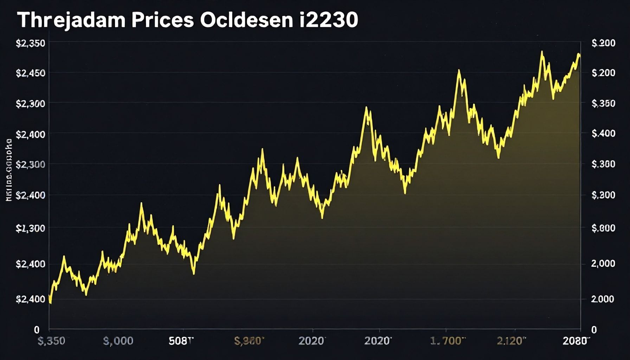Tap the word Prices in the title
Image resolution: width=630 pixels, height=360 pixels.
(x=162, y=20)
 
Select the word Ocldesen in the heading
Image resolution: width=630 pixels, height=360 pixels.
(x=246, y=20)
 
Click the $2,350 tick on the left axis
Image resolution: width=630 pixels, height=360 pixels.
(x=30, y=43)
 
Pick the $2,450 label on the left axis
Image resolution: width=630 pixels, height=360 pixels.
(x=30, y=73)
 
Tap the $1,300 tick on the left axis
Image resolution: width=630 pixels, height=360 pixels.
(x=30, y=228)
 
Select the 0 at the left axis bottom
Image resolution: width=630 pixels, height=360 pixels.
(x=37, y=330)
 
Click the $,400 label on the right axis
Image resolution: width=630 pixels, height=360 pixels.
(x=603, y=133)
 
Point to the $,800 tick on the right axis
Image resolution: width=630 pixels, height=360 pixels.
(x=603, y=228)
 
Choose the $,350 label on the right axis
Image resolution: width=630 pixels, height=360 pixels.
(x=603, y=103)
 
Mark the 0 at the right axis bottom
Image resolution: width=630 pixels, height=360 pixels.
(x=594, y=330)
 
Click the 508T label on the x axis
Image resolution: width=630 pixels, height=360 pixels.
(x=181, y=341)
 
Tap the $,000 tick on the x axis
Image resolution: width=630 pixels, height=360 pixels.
(x=118, y=341)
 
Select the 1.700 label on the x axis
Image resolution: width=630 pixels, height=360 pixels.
(x=448, y=341)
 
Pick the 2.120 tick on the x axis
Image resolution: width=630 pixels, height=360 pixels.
(x=512, y=341)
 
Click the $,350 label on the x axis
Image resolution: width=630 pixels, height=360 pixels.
(x=51, y=341)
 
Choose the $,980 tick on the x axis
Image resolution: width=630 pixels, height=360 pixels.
(x=249, y=341)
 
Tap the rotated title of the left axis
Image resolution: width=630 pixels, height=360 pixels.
(x=9, y=170)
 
